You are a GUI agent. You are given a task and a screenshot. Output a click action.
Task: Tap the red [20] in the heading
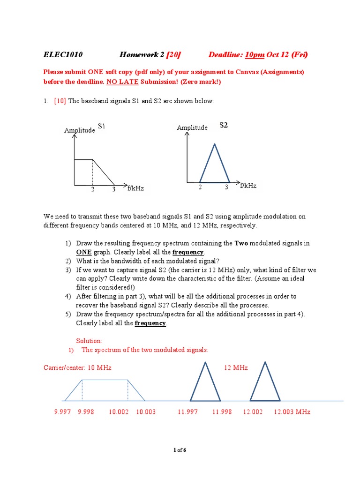(173, 55)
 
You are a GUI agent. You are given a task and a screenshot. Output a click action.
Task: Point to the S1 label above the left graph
(102, 126)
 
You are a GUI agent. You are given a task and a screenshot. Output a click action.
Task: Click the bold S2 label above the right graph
(224, 125)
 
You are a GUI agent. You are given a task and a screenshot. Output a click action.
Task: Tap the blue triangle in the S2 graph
(215, 164)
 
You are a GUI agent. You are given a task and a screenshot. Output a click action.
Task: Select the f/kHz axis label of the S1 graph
(135, 188)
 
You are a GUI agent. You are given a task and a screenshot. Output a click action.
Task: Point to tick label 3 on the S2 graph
(226, 187)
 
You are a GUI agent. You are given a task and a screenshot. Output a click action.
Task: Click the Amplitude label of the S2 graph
(192, 127)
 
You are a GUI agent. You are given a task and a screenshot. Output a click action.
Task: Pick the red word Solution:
(89, 341)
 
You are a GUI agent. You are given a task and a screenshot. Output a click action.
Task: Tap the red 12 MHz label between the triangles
(236, 368)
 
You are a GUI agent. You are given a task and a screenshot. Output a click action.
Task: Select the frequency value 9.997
(62, 412)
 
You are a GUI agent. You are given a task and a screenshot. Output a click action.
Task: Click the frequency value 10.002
(119, 412)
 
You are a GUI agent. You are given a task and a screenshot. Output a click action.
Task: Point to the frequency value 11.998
(222, 412)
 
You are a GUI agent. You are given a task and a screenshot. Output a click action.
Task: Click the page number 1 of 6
(180, 450)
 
